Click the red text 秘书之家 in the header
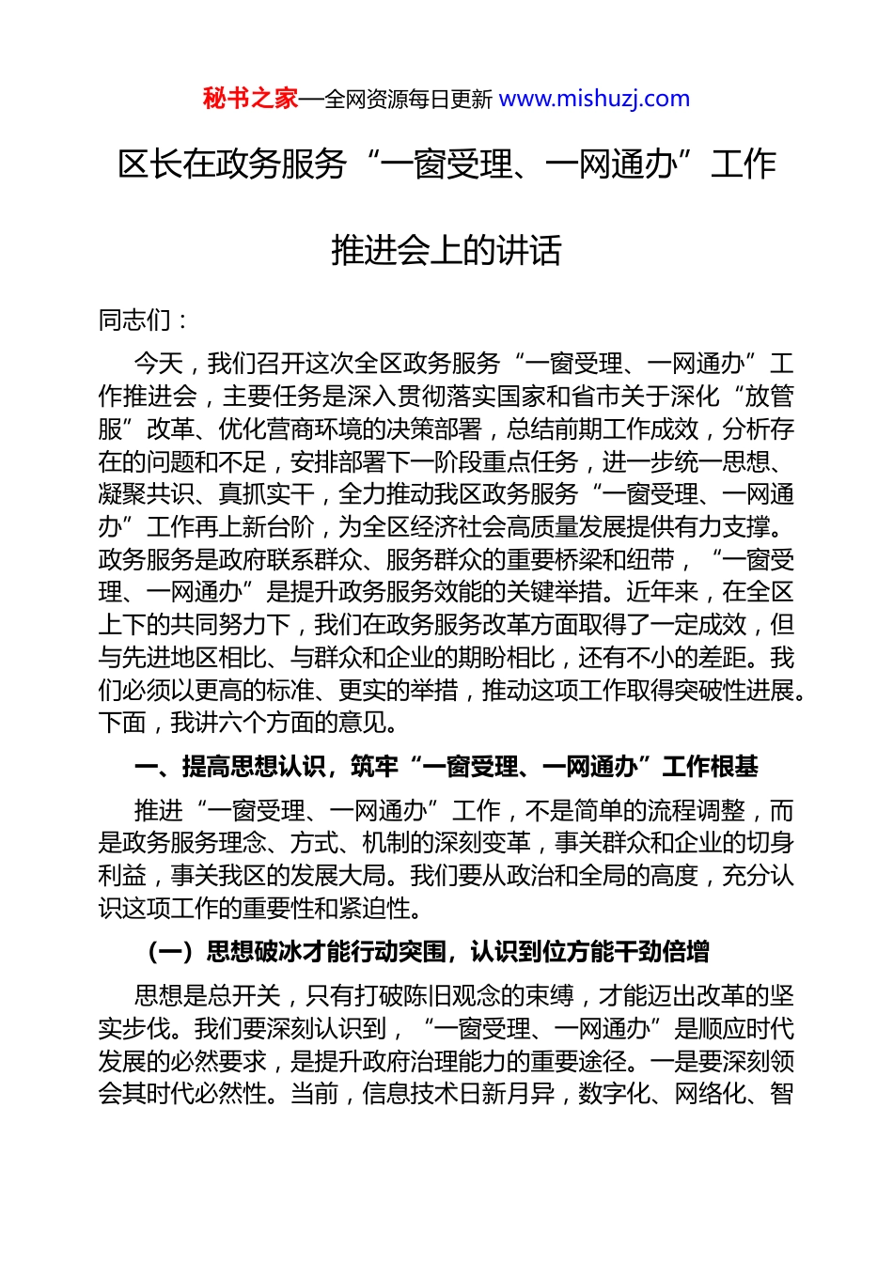[x=250, y=99]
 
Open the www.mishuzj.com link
[x=594, y=99]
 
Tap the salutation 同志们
[x=135, y=320]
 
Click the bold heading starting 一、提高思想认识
[x=446, y=767]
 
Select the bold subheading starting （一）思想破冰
[x=429, y=952]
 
